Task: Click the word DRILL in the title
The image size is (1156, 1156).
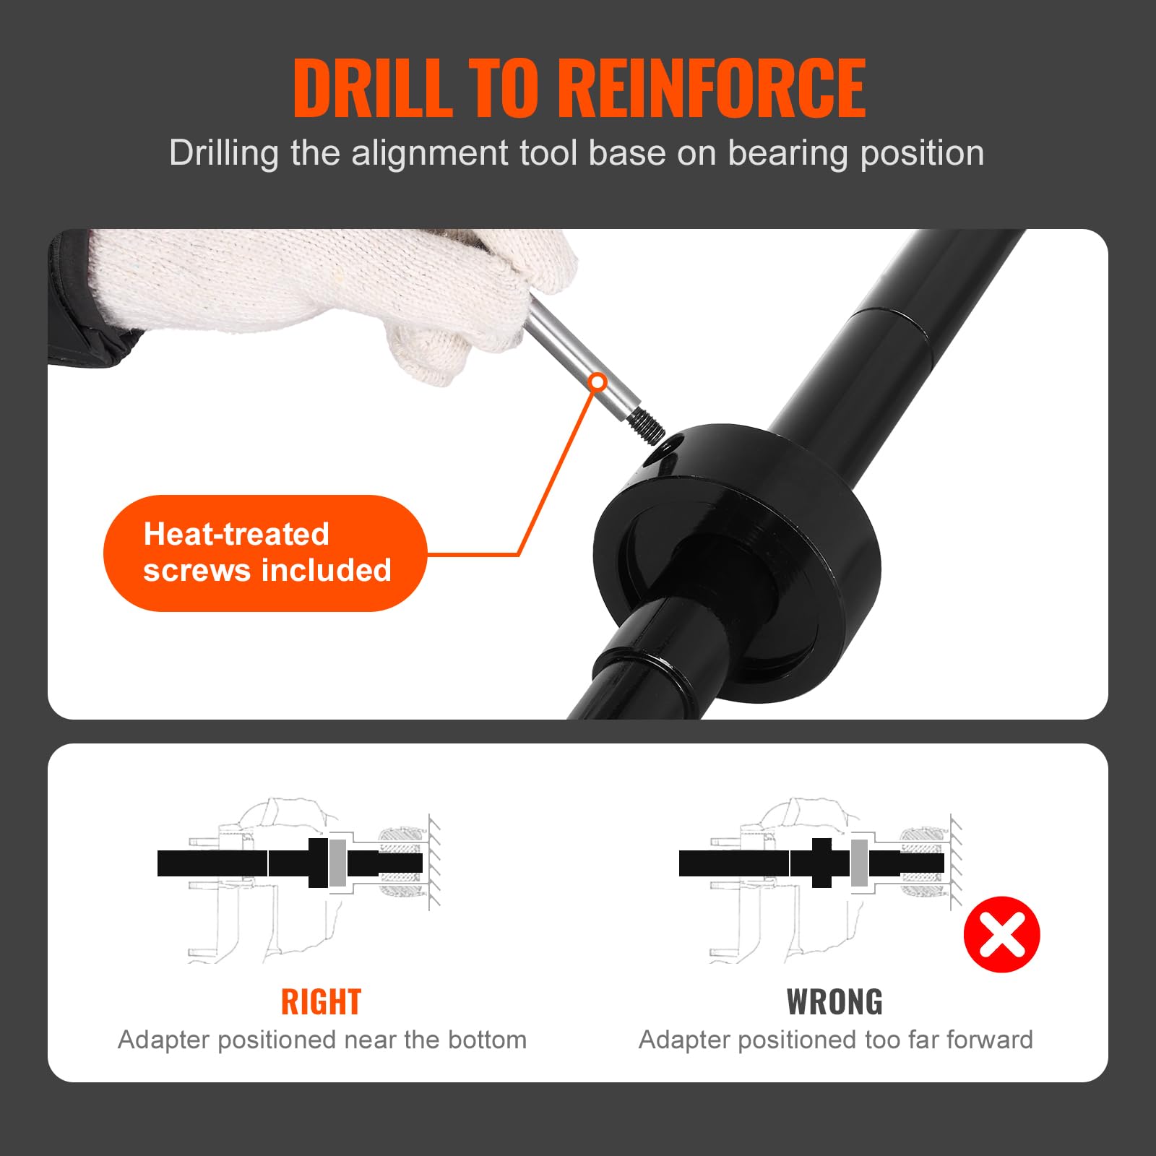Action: click(x=373, y=87)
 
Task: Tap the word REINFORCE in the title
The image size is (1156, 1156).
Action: click(x=712, y=87)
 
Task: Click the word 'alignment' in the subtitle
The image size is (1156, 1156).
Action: click(x=431, y=154)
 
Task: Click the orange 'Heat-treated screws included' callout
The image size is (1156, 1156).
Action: click(x=265, y=553)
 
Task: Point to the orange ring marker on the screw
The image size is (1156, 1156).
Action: click(x=598, y=382)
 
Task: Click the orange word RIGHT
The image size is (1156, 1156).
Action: click(x=321, y=1002)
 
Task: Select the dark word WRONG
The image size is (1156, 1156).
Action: click(x=834, y=1002)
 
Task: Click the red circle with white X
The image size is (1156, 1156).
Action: click(x=1001, y=934)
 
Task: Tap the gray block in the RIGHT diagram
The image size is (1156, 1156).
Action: click(x=338, y=863)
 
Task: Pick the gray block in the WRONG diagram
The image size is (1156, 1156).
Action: click(x=859, y=863)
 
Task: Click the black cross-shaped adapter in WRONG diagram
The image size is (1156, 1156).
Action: click(x=821, y=863)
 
